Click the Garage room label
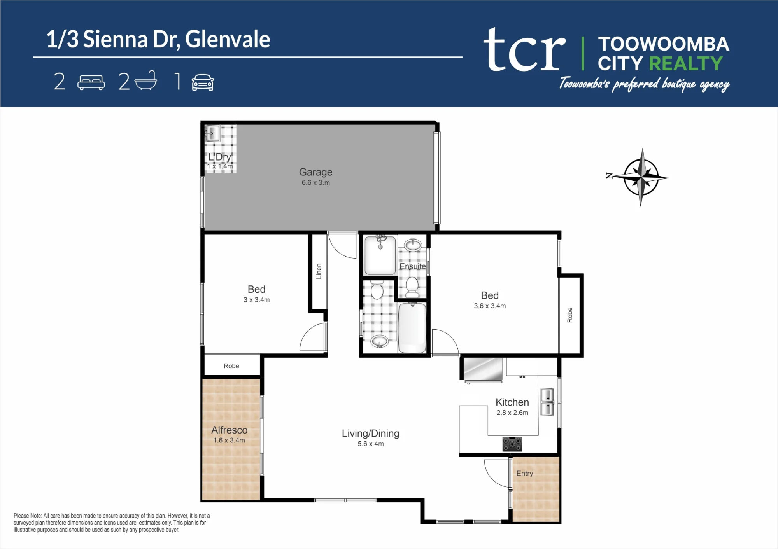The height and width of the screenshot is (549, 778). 315,172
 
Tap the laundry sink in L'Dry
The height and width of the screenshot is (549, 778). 213,133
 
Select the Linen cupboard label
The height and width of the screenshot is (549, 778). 319,271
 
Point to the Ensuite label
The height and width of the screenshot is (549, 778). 413,266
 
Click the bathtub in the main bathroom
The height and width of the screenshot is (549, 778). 412,328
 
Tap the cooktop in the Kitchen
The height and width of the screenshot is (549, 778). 512,444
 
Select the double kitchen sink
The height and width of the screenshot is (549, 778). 547,402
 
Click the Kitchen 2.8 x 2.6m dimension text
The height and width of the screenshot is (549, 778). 512,413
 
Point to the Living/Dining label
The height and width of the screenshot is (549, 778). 371,433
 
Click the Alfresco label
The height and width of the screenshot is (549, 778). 230,430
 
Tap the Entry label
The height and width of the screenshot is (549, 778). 525,473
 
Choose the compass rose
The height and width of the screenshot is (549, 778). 641,177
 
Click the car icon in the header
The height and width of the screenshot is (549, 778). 203,82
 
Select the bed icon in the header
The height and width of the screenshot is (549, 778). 91,82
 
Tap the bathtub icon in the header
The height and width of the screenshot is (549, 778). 146,81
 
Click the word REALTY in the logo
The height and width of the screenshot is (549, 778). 686,63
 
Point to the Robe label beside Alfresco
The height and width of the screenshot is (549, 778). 231,366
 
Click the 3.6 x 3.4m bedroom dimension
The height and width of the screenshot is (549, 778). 490,306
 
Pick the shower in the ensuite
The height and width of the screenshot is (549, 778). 380,255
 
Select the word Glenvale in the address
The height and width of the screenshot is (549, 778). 228,40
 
